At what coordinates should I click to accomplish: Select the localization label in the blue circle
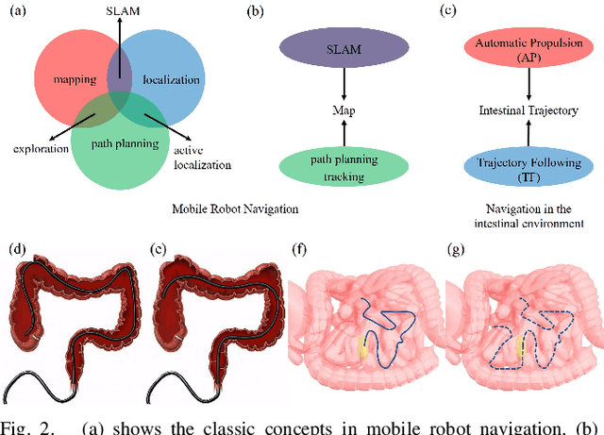tap(171, 81)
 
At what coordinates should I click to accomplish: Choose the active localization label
tap(201, 157)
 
